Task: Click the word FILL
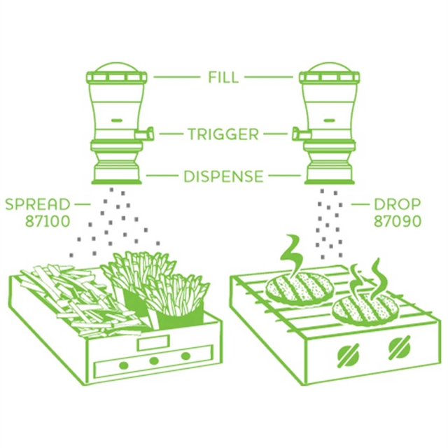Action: (x=223, y=77)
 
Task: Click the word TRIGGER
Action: (x=223, y=134)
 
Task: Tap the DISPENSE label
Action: (x=223, y=176)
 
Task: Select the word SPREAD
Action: (x=38, y=204)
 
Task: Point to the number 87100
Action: (x=48, y=221)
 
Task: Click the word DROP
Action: (x=398, y=204)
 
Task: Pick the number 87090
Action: (x=398, y=221)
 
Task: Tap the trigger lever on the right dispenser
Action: (x=300, y=133)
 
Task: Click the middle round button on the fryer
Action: (x=154, y=360)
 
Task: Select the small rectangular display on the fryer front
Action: (x=153, y=343)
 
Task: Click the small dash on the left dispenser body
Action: (x=117, y=120)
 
